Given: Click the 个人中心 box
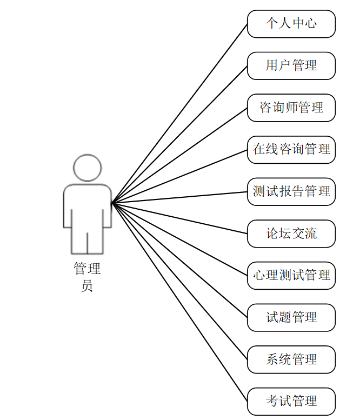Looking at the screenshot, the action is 291,24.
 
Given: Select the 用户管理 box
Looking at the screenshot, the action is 291,66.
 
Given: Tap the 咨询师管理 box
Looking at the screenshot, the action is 291,108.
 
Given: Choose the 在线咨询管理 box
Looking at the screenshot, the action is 291,150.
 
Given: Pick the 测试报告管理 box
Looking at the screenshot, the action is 291,191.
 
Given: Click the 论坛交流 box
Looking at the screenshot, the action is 291,234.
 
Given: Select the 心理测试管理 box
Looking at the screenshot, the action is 291,276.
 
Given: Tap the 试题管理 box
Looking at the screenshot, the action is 291,317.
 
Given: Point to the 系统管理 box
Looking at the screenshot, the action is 291,359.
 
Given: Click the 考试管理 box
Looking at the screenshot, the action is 291,401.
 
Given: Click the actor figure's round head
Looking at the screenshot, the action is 88,168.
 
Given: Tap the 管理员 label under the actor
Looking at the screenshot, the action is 87,277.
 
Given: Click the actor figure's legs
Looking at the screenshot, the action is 88,241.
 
